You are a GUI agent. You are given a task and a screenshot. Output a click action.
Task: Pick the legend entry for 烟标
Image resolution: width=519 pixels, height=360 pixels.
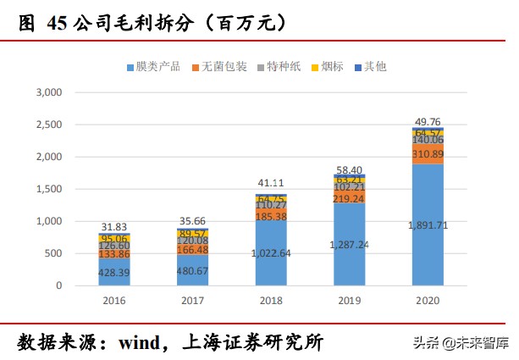point(330,66)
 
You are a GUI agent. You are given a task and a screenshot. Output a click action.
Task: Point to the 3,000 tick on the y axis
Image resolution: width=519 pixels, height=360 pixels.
point(48,92)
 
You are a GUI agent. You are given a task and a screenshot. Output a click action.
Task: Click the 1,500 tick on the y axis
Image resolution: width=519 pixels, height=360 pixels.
point(48,189)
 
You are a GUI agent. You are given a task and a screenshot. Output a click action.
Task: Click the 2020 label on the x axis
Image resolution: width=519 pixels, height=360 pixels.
point(427,299)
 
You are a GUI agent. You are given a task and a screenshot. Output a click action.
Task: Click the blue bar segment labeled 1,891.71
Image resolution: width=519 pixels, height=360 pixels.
point(428,224)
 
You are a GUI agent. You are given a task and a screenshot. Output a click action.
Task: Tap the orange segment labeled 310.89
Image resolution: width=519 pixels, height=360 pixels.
point(428,154)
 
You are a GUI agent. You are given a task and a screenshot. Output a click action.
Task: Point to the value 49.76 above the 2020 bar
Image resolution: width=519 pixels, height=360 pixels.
point(428,121)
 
